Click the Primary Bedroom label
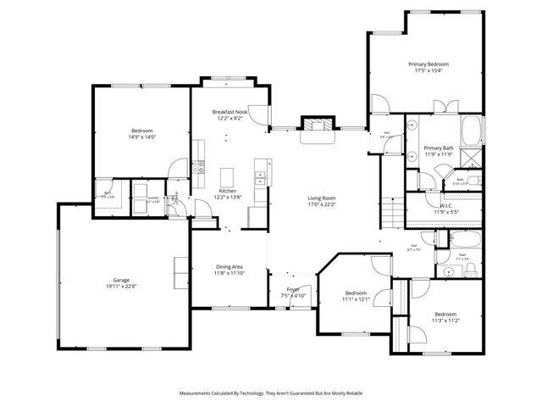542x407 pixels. tap(428, 64)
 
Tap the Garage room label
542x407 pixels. tap(122, 279)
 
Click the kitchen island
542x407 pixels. tap(226, 176)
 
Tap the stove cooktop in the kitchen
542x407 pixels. tap(199, 167)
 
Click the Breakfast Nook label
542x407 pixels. tap(230, 112)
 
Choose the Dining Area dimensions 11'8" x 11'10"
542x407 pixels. tap(229, 273)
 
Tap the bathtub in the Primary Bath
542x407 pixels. tap(471, 132)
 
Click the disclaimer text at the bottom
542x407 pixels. tap(271, 393)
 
